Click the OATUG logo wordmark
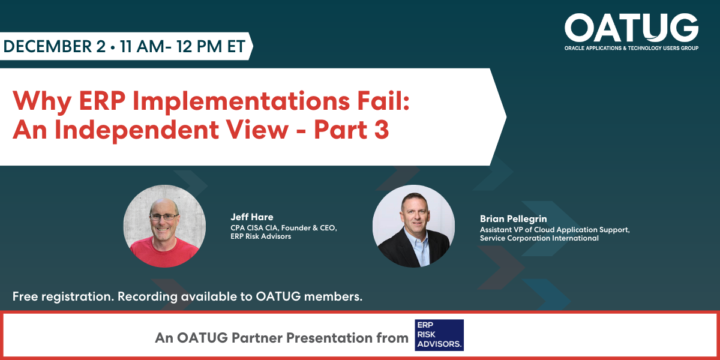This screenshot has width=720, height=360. click(x=631, y=28)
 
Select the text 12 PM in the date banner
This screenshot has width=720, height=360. click(x=199, y=46)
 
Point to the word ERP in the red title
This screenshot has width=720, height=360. click(x=102, y=101)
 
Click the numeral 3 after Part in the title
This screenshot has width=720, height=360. click(x=382, y=130)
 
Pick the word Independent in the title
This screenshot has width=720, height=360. click(x=136, y=130)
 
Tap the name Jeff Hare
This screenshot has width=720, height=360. click(x=251, y=217)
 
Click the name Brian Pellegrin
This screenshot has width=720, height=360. click(x=514, y=219)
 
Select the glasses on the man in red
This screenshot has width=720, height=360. click(x=164, y=217)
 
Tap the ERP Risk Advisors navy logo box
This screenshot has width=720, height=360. click(x=439, y=335)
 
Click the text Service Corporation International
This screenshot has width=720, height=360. click(x=539, y=238)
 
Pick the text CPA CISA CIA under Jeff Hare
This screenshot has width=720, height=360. click(x=254, y=228)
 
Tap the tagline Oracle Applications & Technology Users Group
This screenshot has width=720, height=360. click(x=631, y=48)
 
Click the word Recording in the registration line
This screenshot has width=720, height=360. click(x=147, y=296)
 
